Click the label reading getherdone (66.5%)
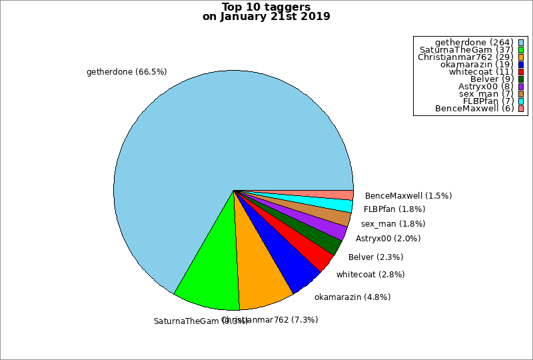coord(127,71)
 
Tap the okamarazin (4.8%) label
coord(352,297)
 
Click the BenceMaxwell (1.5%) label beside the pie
coord(408,196)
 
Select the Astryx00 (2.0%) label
coord(388,238)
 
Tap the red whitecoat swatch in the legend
coord(520,72)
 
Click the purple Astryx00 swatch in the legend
coord(520,87)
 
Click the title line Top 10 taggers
coord(266,7)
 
